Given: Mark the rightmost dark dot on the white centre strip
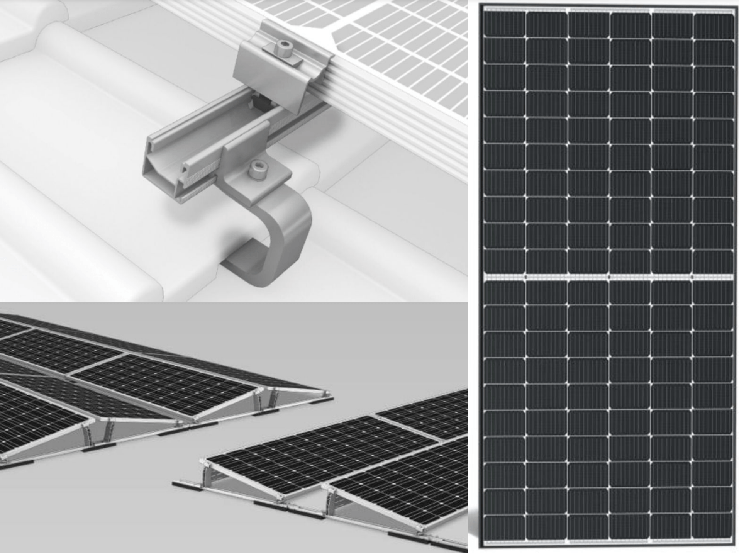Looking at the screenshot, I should pos(692,277).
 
